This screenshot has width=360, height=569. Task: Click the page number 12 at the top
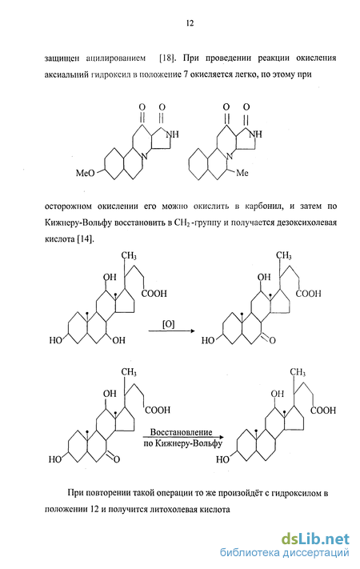click(x=190, y=23)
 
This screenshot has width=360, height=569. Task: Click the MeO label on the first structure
click(x=85, y=173)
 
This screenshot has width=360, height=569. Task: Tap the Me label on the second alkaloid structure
click(x=242, y=173)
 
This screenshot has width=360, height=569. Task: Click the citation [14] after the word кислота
click(x=86, y=239)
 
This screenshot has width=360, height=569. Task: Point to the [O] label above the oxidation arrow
click(x=168, y=324)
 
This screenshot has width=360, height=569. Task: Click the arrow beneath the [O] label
click(x=171, y=331)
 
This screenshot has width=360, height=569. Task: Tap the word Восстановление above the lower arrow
click(x=181, y=432)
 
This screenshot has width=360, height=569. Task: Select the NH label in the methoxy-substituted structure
click(x=172, y=134)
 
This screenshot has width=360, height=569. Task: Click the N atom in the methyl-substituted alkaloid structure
click(x=229, y=158)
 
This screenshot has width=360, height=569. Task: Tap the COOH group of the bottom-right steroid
click(x=323, y=411)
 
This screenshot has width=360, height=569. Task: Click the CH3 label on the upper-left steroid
click(x=129, y=256)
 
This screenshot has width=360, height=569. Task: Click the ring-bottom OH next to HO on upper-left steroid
click(x=118, y=340)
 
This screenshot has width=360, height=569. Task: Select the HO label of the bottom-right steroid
click(x=223, y=460)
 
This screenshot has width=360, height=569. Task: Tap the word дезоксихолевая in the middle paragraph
click(x=308, y=222)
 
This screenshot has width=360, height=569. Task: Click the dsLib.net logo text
click(x=315, y=539)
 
